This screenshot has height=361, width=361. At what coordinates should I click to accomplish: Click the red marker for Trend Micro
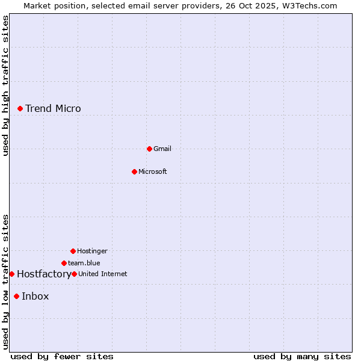(20, 108)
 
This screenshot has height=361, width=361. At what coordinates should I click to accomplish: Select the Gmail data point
(149, 149)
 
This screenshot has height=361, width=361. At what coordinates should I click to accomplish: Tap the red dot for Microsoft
(134, 171)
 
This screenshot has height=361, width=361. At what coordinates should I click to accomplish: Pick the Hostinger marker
(73, 251)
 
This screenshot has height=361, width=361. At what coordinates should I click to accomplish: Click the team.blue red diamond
(64, 263)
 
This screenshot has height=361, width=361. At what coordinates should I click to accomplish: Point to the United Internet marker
(74, 274)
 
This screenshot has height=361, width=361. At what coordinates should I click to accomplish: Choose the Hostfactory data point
(11, 274)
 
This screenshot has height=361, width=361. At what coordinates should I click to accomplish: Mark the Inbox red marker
(16, 296)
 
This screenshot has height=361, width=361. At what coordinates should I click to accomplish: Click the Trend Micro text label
(53, 108)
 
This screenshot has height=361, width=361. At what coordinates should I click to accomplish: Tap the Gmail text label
(162, 149)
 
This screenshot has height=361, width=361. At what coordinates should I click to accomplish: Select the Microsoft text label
(152, 171)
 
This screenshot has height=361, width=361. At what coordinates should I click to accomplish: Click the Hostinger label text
(92, 251)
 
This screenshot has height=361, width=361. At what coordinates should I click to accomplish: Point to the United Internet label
(102, 274)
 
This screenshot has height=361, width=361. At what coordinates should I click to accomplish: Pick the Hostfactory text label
(44, 274)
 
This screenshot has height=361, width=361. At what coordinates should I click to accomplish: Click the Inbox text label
(35, 296)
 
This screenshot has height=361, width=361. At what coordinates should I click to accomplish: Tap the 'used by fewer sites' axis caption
(62, 356)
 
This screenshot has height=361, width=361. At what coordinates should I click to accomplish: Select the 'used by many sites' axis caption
(302, 356)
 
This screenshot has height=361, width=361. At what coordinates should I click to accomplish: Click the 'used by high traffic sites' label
(5, 85)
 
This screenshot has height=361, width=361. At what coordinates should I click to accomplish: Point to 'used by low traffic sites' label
(5, 282)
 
